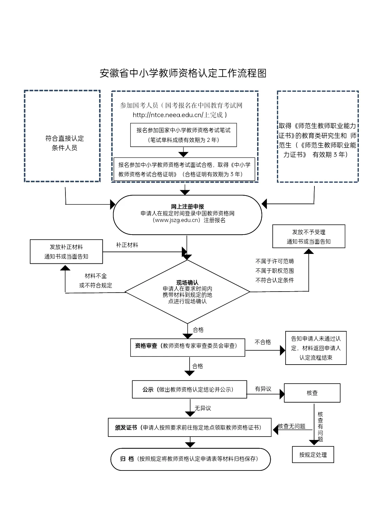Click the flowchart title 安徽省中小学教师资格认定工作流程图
click(183, 73)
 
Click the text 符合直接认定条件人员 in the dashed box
click(64, 143)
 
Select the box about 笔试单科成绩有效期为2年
click(184, 135)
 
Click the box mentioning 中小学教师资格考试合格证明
click(184, 169)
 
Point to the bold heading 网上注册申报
click(187, 207)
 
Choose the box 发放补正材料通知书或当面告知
click(66, 252)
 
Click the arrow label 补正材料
click(127, 245)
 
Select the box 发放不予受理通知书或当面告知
click(309, 237)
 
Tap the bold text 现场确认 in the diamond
click(187, 282)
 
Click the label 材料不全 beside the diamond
click(96, 276)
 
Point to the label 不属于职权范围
click(274, 271)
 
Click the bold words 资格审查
click(146, 346)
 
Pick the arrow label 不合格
click(263, 342)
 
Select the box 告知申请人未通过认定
click(316, 348)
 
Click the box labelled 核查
click(312, 393)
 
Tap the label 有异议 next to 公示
click(263, 389)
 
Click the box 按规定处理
click(313, 455)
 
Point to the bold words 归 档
click(127, 459)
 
